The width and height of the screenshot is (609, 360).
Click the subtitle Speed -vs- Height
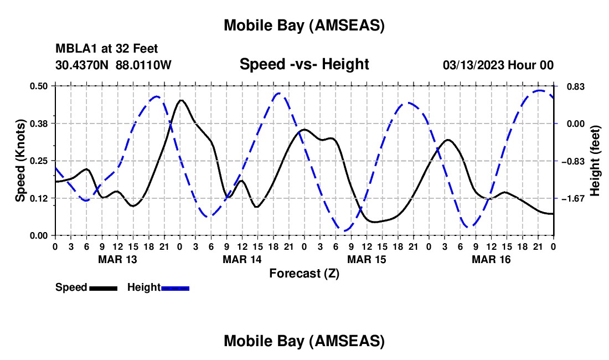click(x=304, y=65)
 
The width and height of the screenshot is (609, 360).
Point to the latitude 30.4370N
click(x=83, y=65)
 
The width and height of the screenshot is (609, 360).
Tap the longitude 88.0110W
click(x=144, y=65)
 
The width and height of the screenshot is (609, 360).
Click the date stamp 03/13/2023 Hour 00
click(x=498, y=65)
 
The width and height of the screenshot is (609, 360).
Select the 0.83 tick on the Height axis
click(x=569, y=86)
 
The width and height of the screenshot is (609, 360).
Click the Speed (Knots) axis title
click(x=20, y=161)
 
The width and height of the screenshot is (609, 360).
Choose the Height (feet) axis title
click(x=596, y=161)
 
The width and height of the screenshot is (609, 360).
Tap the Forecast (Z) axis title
click(x=304, y=273)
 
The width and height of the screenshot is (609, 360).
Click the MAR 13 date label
click(x=117, y=259)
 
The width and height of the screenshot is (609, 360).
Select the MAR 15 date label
click(x=367, y=259)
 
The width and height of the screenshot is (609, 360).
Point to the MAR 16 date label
click(x=491, y=259)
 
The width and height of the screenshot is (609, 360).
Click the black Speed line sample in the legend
click(x=103, y=288)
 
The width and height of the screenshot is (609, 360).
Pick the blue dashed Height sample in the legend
click(x=176, y=288)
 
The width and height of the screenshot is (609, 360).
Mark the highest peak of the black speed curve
click(x=181, y=100)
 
